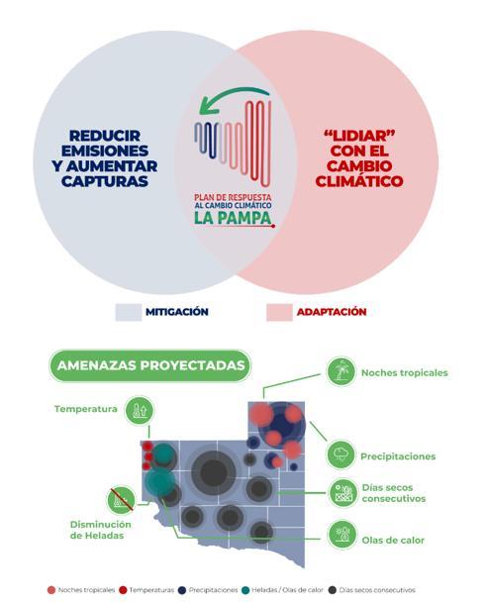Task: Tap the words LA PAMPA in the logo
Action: pos(233,218)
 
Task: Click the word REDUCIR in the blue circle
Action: pos(105,136)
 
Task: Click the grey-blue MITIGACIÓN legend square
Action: pos(129,312)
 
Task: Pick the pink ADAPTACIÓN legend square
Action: pos(279,312)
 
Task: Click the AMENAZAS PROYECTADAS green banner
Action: pos(150,365)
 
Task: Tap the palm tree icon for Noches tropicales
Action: pos(341,371)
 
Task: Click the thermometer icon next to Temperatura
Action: pos(140,411)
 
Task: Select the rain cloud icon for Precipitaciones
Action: pos(341,454)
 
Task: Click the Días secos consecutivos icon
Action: pos(343,493)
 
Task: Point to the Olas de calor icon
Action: pos(341,535)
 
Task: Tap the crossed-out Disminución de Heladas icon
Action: pos(122,500)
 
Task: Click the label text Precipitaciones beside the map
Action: pos(398,456)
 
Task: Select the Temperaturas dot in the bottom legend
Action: pos(123,590)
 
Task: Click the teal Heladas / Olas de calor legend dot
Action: pos(245,590)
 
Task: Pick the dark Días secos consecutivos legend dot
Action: pos(333,590)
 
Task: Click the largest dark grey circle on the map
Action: pos(213,472)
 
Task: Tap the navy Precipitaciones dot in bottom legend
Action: pos(182,590)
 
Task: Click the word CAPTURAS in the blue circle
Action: pos(105,181)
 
